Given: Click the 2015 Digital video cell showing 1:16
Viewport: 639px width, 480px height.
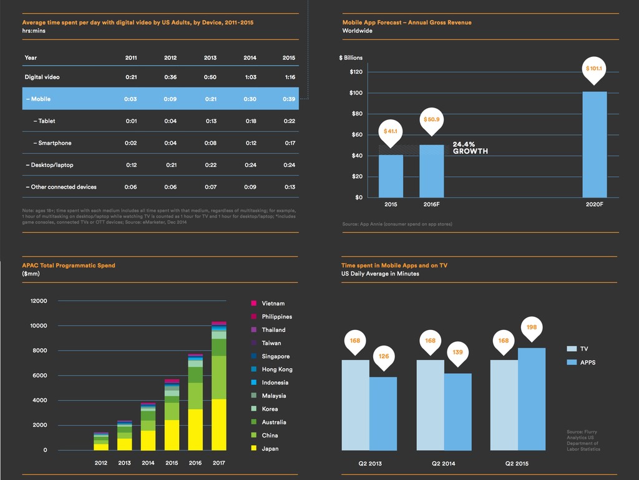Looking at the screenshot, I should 289,77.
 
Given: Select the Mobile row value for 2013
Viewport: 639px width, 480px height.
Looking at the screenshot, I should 210,99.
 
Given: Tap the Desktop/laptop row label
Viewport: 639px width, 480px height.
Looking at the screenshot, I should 50,165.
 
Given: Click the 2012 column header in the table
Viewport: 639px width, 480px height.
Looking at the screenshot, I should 170,57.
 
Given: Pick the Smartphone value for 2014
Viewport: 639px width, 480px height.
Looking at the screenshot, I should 250,143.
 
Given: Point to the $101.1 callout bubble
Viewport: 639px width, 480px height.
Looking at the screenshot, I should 594,69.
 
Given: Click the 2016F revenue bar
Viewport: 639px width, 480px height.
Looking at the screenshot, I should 431,171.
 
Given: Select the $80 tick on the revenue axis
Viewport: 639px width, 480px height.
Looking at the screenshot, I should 356,114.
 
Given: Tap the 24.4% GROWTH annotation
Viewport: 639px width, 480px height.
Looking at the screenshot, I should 470,147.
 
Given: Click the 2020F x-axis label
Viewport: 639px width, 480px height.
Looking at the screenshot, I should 593,204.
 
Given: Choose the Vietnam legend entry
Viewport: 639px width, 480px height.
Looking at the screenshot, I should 273,304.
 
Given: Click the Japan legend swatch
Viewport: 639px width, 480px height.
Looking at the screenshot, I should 253,449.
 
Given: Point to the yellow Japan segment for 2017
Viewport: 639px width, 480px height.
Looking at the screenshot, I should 218,425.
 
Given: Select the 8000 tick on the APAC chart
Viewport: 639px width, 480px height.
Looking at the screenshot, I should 39,351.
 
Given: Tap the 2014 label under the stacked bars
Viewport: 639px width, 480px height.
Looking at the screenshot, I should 148,463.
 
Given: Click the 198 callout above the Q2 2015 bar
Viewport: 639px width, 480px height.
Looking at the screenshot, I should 532,327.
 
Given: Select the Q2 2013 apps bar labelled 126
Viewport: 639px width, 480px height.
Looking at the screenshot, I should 383,413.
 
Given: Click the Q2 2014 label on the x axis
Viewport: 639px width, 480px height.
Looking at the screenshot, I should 444,464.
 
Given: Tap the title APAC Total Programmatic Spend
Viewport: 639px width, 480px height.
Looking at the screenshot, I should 69,266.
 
